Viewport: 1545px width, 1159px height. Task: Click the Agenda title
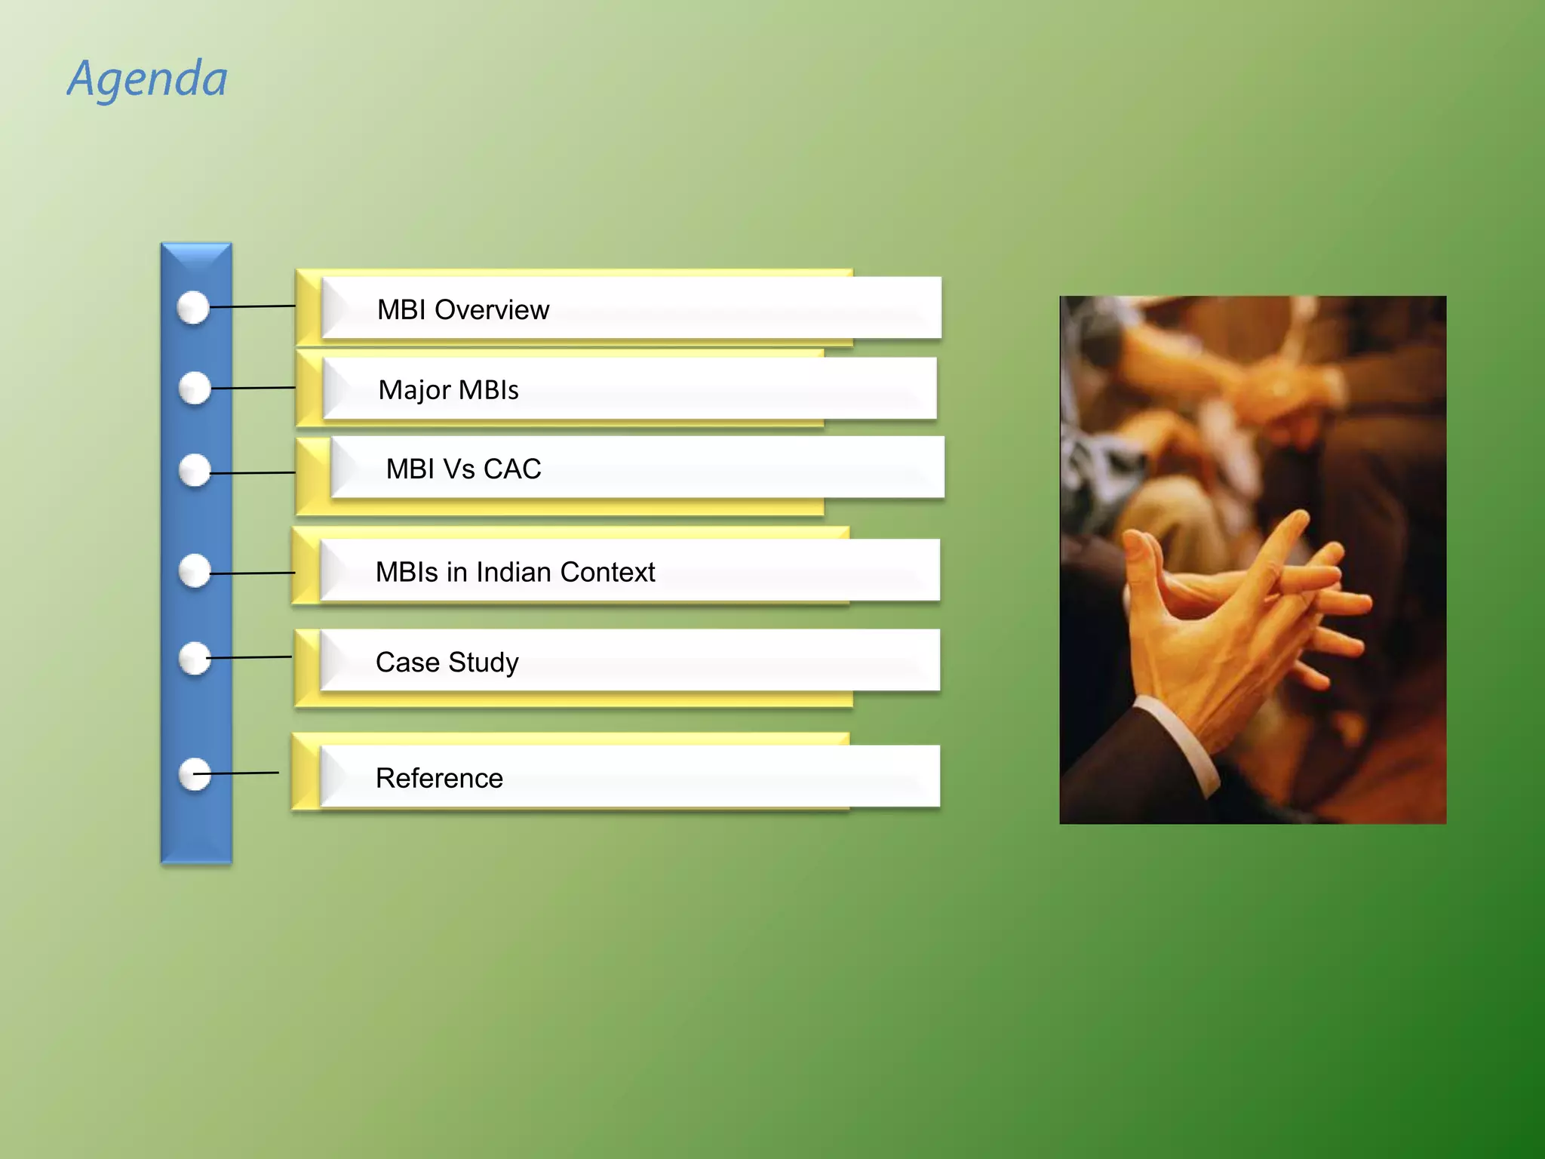(x=148, y=79)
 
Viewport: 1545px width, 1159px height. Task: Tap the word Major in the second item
(x=414, y=391)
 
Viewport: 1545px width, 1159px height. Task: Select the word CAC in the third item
(x=512, y=469)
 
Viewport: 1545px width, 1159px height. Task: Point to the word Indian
(x=514, y=573)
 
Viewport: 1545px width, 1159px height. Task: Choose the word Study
(x=484, y=663)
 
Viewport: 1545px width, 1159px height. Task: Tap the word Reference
(x=439, y=778)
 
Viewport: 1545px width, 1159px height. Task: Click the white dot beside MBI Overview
(x=193, y=308)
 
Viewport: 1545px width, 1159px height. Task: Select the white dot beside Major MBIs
(x=195, y=388)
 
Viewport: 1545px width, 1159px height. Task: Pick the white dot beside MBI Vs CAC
(x=195, y=471)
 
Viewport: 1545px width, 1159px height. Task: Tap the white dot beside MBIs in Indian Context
(x=195, y=571)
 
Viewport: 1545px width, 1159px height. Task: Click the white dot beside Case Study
(x=195, y=659)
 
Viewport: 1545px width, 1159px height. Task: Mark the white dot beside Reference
(x=195, y=775)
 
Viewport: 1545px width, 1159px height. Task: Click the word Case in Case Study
(x=407, y=663)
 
